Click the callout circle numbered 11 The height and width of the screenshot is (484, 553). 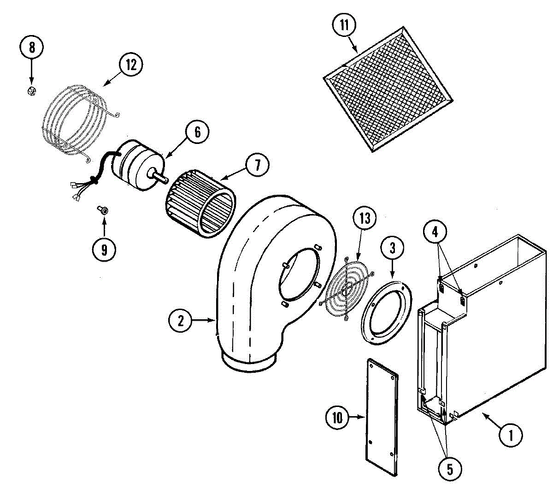345,25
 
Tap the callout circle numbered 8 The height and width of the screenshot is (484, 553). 31,48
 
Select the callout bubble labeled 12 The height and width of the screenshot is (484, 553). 131,65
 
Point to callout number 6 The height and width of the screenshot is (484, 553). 197,132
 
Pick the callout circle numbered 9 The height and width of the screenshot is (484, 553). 104,250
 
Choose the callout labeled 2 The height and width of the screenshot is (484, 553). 180,320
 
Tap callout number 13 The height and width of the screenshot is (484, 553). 365,218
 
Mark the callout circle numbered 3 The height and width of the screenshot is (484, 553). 392,249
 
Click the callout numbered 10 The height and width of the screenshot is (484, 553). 338,418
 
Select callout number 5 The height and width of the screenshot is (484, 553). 449,469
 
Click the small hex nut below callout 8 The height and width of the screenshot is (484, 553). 31,91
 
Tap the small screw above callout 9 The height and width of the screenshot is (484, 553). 104,210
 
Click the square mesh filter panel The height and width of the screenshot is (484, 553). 388,90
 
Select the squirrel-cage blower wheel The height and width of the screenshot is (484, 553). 201,203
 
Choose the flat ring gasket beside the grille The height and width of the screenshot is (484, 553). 386,314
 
